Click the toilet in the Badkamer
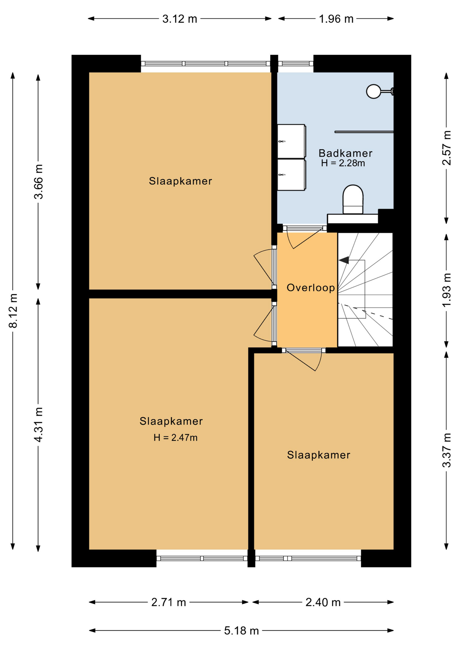(x=353, y=199)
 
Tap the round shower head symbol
(x=373, y=91)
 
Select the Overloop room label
(x=311, y=288)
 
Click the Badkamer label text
(x=345, y=153)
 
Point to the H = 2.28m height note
(x=343, y=163)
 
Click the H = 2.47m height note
(x=175, y=438)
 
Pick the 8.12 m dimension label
(x=13, y=311)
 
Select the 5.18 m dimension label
(x=241, y=631)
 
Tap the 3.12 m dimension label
(x=179, y=19)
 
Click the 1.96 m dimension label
(x=336, y=19)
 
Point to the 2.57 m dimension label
(x=447, y=148)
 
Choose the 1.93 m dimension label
(x=447, y=290)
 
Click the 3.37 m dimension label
(x=447, y=450)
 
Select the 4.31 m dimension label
(x=39, y=425)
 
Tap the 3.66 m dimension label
(x=39, y=182)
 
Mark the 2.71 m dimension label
(x=168, y=602)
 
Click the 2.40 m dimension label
(x=323, y=602)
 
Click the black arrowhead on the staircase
(x=344, y=260)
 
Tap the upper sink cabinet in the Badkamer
(x=291, y=141)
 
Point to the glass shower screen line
(x=364, y=132)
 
